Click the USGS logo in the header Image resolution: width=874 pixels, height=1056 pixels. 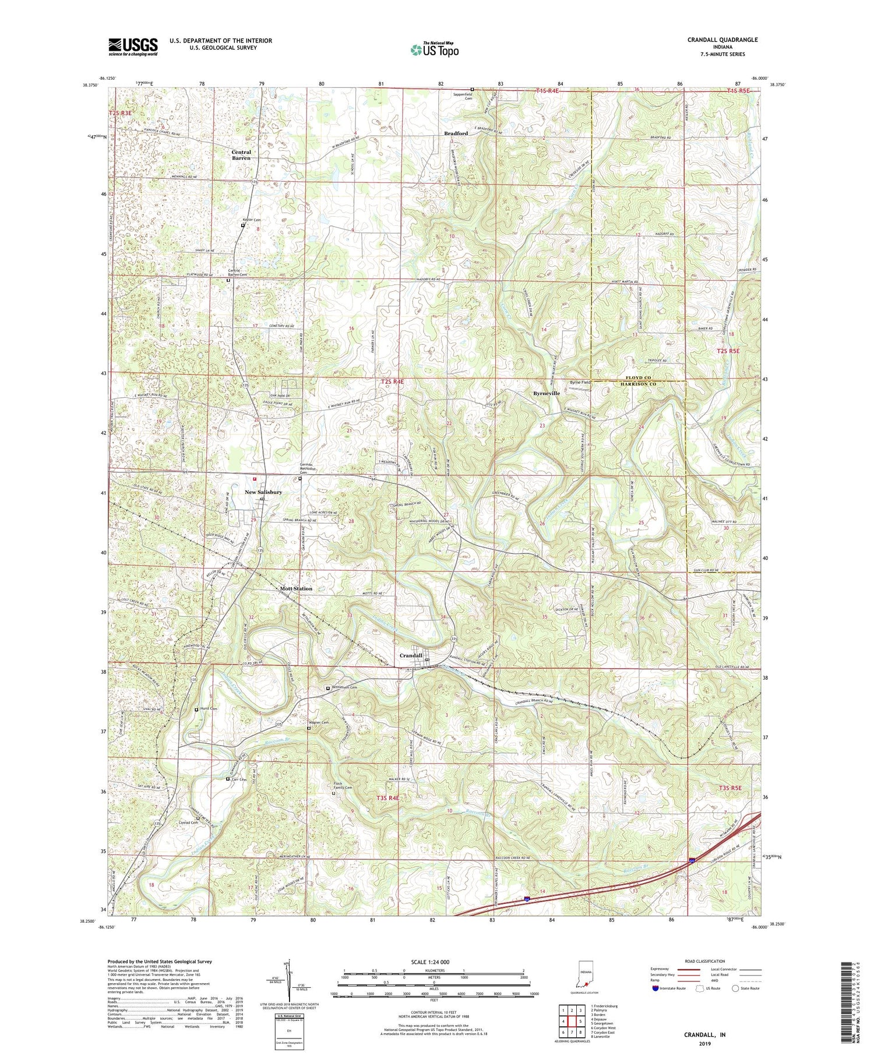point(133,47)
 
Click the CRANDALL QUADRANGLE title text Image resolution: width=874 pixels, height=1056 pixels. point(722,40)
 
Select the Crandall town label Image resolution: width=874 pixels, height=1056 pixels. point(411,655)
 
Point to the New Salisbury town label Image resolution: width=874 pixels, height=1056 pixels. point(263,492)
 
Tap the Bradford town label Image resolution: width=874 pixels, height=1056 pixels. point(456,133)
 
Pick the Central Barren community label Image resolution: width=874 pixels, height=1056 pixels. point(241,155)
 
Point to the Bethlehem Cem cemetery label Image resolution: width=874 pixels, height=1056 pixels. point(344,687)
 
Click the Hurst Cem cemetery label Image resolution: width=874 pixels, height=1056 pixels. point(208,709)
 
